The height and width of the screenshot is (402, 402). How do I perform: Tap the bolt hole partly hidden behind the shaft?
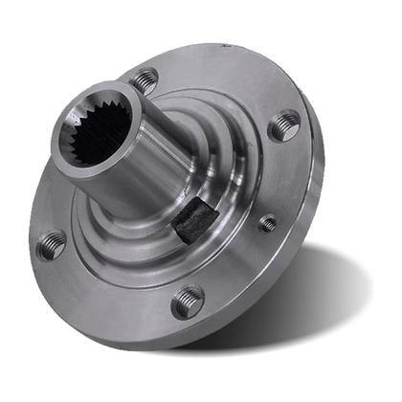145,80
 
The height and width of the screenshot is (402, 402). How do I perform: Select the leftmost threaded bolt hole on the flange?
52,244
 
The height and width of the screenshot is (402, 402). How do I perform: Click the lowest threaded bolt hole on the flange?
188,301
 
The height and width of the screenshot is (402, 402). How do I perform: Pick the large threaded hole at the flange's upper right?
284,124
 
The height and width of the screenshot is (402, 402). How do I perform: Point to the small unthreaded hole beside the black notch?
268,223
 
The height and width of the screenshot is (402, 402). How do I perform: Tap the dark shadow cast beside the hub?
316,297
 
